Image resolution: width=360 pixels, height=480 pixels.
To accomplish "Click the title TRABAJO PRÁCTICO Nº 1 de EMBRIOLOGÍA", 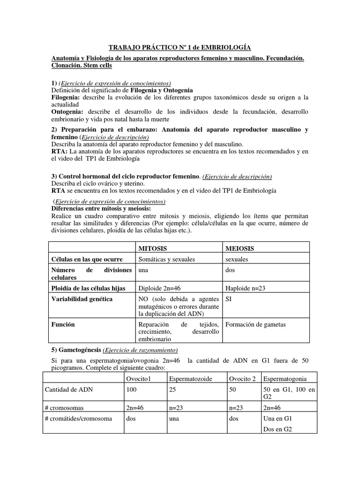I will (180, 47).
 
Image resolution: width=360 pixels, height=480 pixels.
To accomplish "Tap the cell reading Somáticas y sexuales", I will (166, 259).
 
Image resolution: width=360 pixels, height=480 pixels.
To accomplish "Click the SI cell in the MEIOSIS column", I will (229, 299).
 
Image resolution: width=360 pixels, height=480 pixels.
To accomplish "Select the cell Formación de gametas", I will (255, 324).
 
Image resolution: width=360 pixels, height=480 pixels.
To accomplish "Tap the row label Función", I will (63, 324).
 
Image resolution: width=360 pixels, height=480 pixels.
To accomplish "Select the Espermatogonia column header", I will (285, 378).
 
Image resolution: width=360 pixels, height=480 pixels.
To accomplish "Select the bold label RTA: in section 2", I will (59, 151).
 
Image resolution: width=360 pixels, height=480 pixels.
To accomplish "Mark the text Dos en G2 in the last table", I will (277, 429).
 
